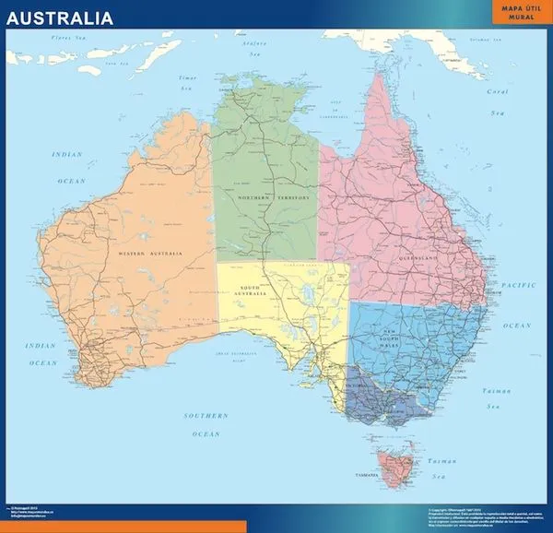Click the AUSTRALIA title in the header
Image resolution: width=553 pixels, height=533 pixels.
pyautogui.click(x=62, y=18)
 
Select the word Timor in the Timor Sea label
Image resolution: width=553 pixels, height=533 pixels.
pyautogui.click(x=188, y=78)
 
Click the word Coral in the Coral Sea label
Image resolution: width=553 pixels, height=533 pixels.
pyautogui.click(x=498, y=91)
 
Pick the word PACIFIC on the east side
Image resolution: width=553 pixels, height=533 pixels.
pyautogui.click(x=519, y=286)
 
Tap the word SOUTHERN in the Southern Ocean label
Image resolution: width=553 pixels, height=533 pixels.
pyautogui.click(x=206, y=415)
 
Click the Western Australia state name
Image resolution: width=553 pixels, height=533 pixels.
pyautogui.click(x=147, y=252)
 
